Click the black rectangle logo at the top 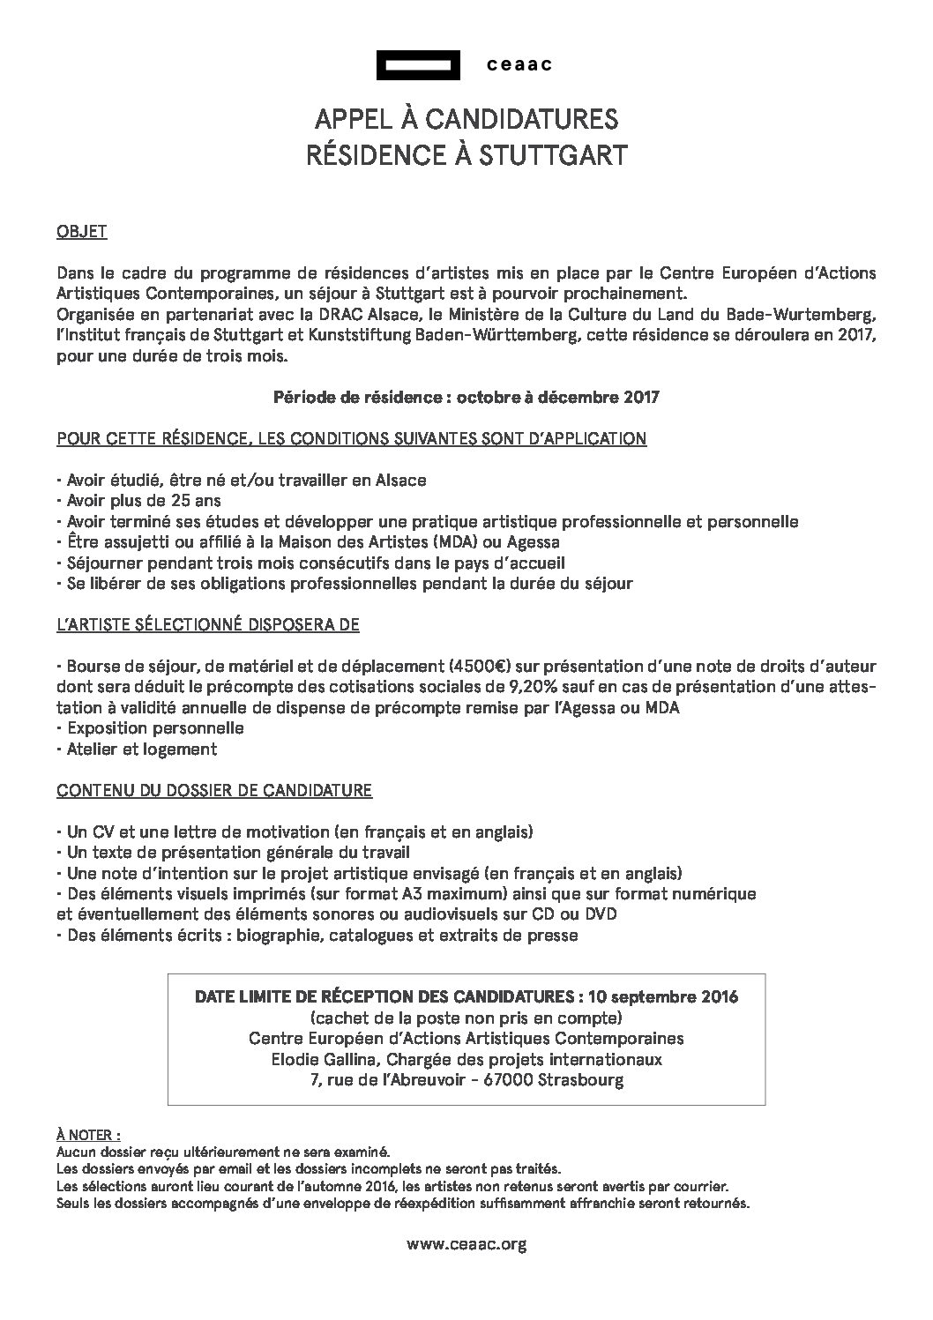(x=418, y=64)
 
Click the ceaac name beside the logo (x=519, y=64)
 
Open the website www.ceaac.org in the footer (x=466, y=1244)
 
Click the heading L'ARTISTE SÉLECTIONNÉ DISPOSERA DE (x=208, y=623)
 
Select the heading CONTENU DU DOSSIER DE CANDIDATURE (x=214, y=790)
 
